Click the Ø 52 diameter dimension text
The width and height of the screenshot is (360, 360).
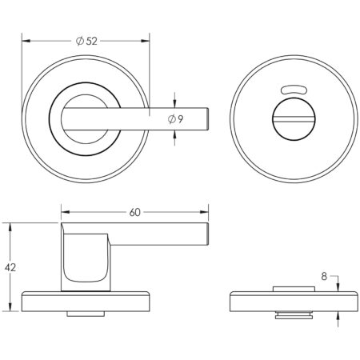tap(86, 39)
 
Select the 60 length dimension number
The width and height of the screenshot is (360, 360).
tap(134, 212)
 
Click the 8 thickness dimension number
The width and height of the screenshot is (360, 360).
tap(323, 276)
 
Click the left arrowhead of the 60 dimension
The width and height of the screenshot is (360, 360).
tap(65, 212)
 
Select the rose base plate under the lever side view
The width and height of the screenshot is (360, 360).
tap(85, 301)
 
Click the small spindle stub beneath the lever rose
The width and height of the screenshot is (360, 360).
tap(85, 314)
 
